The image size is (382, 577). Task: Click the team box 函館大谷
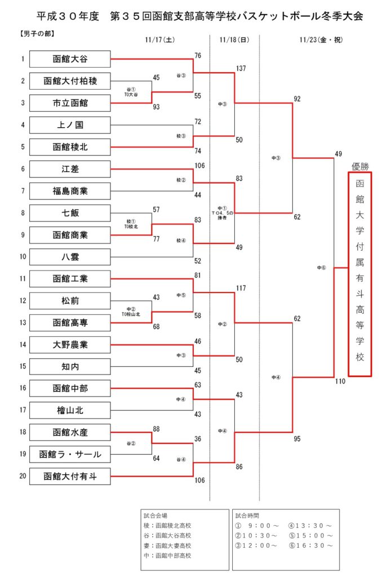click(70, 59)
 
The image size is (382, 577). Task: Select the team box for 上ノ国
click(70, 125)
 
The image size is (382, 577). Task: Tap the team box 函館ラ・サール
click(70, 454)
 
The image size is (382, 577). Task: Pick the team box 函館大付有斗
click(70, 476)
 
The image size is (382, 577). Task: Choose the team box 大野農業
click(70, 344)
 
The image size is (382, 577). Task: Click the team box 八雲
click(70, 256)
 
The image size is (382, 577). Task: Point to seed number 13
click(23, 322)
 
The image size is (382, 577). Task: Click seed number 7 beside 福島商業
click(23, 190)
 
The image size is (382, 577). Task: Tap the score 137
click(241, 68)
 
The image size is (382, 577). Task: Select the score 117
click(241, 288)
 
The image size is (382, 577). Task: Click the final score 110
click(340, 381)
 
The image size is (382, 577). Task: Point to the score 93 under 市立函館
click(157, 106)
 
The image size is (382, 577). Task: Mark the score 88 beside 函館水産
click(157, 429)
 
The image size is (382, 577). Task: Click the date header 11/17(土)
click(159, 40)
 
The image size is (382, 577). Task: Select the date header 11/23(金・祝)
click(321, 40)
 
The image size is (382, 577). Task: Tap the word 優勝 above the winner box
click(360, 166)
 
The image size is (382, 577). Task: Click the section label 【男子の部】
click(37, 33)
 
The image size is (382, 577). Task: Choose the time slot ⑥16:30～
click(310, 545)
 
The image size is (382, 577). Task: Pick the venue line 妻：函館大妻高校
click(167, 545)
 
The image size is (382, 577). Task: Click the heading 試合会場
click(156, 516)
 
